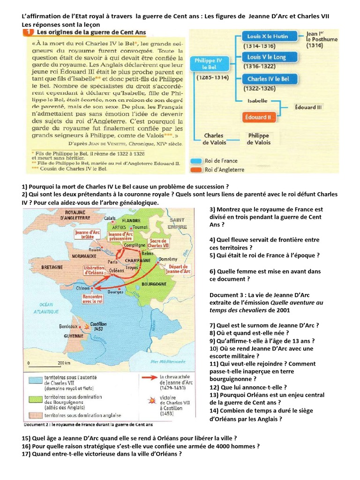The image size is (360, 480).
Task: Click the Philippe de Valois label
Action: [258, 139]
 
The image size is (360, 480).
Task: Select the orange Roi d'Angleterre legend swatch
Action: [196, 169]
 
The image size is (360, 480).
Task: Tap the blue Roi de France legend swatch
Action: [196, 160]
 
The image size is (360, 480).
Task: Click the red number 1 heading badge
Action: [28, 33]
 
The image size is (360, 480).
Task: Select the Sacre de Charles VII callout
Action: [159, 244]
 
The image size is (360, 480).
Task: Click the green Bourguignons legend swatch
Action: [33, 398]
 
